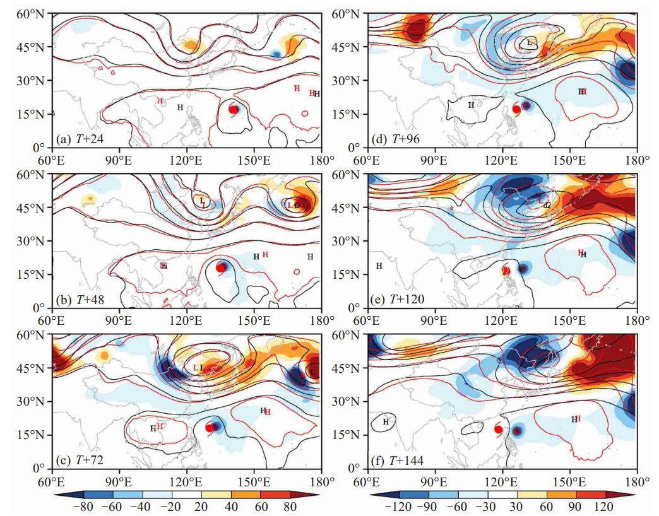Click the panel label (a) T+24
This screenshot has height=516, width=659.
point(80,139)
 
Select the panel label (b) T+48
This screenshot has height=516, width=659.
point(80,300)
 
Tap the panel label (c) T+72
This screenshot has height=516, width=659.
point(80,460)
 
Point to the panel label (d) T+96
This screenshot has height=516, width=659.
point(396,139)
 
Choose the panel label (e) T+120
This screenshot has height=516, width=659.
point(398,300)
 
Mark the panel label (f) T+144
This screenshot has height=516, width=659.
point(398,460)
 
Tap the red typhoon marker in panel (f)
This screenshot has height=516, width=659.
point(499,430)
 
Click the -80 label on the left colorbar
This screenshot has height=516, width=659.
point(83,507)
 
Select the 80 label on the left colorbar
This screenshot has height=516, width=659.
point(290,507)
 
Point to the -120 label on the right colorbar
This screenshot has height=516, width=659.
point(400,507)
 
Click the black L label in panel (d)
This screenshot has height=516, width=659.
point(530,42)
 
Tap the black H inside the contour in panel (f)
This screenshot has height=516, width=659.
point(386,421)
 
